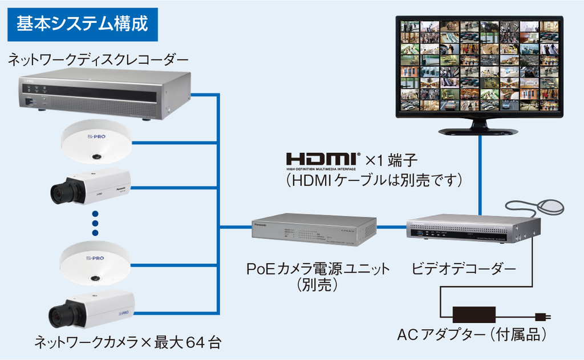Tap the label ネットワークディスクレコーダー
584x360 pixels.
coord(98,59)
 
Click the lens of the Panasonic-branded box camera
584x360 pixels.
coord(60,193)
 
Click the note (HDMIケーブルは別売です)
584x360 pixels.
coord(374,180)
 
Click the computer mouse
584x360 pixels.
coord(550,207)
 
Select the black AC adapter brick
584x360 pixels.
coord(473,314)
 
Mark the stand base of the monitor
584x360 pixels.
coord(478,131)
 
